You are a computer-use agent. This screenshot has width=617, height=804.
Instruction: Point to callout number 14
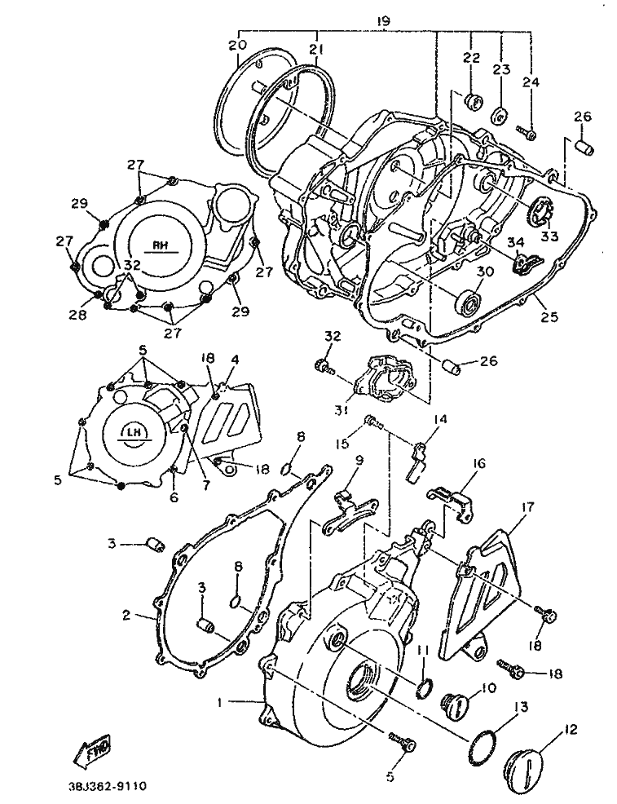click(441, 420)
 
